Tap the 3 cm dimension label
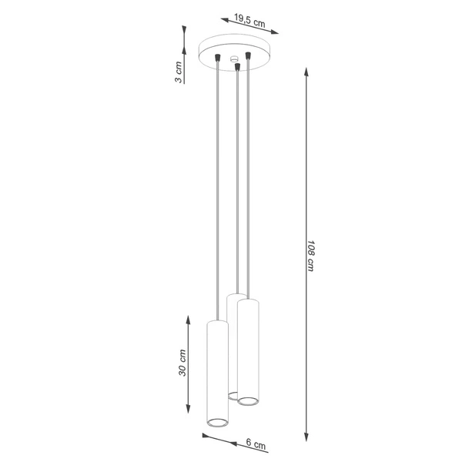point(179,72)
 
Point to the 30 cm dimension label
point(183,363)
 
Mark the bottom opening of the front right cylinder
point(247,400)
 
